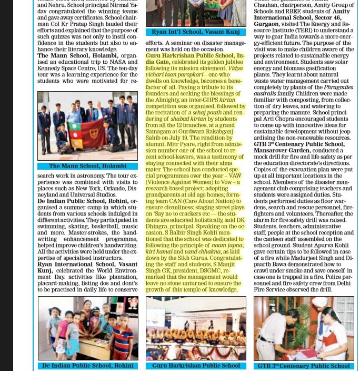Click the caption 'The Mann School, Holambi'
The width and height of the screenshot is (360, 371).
click(87, 166)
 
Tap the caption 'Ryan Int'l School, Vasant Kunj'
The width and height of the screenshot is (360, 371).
click(196, 32)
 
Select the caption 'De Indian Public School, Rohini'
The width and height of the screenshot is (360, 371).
click(87, 366)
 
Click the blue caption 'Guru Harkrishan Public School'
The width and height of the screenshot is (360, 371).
click(196, 366)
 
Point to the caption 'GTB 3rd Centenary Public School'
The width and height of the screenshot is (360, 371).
click(304, 366)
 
